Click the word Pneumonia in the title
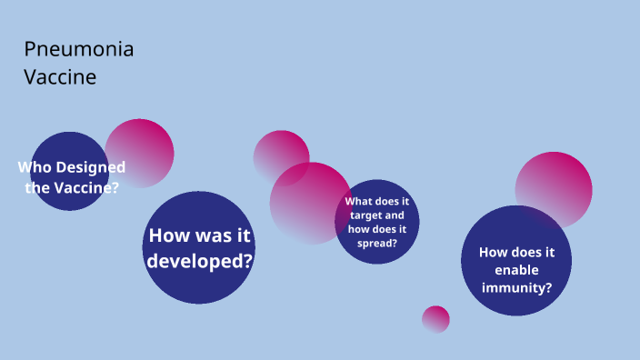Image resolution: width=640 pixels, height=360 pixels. [78, 50]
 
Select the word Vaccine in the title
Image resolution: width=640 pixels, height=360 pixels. [60, 78]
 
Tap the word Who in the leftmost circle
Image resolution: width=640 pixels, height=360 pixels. [35, 167]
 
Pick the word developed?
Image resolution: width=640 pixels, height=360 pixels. [199, 260]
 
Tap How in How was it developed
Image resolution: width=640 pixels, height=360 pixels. [170, 236]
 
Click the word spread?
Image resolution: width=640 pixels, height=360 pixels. [377, 244]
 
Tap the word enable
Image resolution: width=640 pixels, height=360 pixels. [516, 271]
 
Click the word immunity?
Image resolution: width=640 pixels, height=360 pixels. [516, 289]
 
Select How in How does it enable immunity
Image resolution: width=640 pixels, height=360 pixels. [495, 253]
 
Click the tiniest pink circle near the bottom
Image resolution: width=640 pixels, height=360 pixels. [435, 319]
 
